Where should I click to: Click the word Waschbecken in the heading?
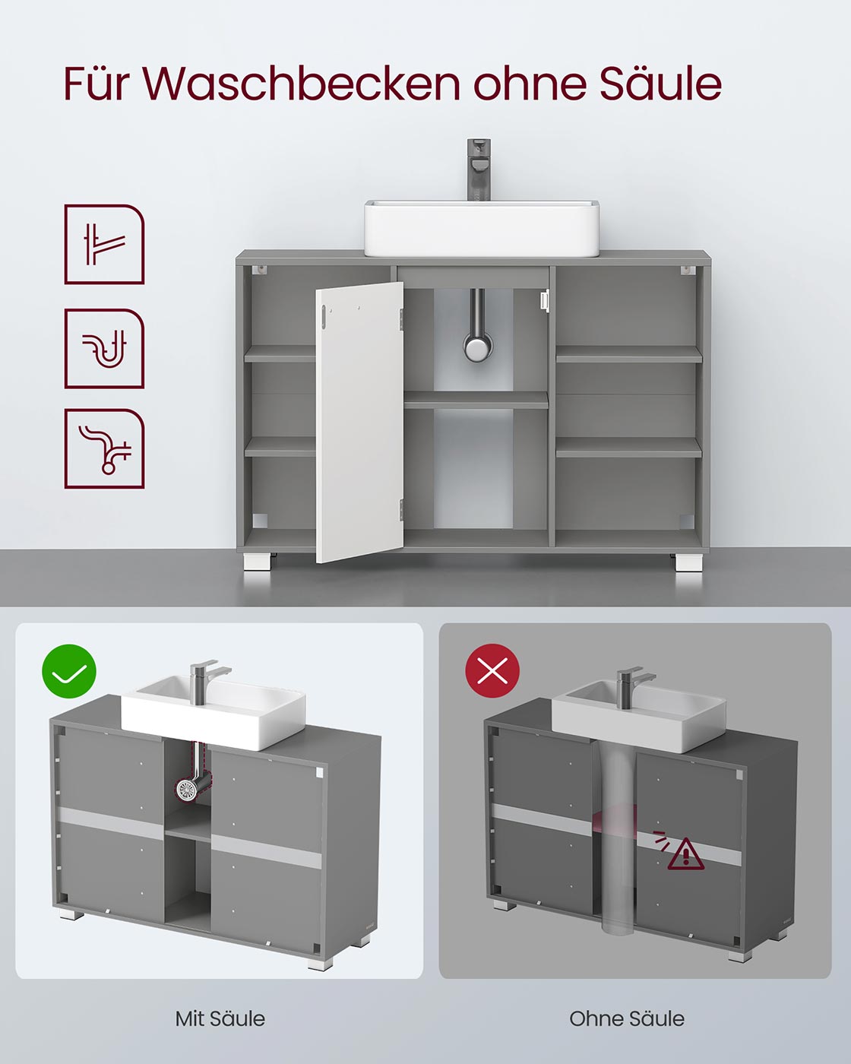tap(302, 84)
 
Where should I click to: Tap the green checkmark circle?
tap(69, 670)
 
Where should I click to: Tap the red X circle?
tap(492, 670)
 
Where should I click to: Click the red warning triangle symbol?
tap(685, 854)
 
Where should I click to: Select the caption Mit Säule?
tap(220, 1018)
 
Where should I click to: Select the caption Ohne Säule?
tap(627, 1018)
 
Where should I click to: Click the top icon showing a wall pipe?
tap(104, 244)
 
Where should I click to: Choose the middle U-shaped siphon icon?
tap(104, 348)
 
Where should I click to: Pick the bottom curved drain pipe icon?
tap(104, 448)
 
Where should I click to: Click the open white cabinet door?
tap(359, 422)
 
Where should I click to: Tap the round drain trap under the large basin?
tap(476, 348)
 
